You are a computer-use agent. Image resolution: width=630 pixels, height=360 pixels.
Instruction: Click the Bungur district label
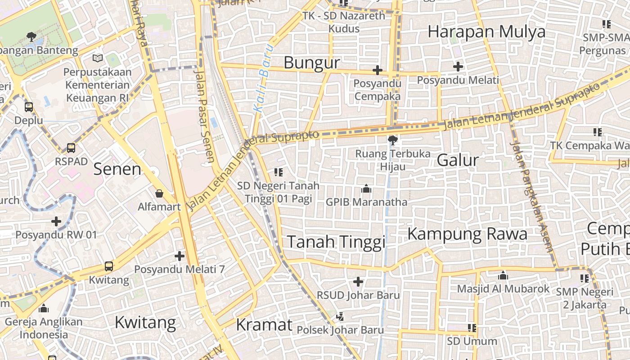click(311, 63)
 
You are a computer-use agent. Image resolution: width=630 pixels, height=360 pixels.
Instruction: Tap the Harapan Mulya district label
click(486, 32)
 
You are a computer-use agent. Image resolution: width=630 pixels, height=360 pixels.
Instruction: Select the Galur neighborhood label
click(458, 160)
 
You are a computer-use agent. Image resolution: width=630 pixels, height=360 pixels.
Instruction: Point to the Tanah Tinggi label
click(336, 242)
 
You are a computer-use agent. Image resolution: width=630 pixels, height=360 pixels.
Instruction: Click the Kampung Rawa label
click(467, 234)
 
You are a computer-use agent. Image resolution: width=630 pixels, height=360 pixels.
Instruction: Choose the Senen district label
click(117, 169)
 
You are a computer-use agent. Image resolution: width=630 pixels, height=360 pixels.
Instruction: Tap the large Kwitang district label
click(145, 323)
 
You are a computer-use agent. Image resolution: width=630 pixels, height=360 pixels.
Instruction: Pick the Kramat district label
click(264, 324)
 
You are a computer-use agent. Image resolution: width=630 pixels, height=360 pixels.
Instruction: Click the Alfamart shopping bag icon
click(159, 194)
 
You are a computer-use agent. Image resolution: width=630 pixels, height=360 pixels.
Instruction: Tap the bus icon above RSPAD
click(71, 148)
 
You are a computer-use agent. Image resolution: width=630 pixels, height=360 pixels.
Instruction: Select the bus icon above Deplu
click(29, 107)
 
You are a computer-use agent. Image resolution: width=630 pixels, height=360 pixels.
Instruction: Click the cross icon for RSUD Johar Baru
click(358, 282)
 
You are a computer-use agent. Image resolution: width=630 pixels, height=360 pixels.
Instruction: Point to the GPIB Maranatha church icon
click(366, 189)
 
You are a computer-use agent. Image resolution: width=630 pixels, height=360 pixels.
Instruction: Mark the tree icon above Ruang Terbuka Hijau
click(392, 140)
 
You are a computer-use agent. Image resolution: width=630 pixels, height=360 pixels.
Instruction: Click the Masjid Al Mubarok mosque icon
click(503, 275)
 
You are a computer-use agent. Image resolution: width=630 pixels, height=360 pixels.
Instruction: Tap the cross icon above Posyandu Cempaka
click(378, 70)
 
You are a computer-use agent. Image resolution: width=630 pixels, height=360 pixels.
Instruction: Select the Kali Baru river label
click(263, 77)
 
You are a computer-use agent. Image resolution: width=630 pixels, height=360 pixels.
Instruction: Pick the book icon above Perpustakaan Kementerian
click(98, 58)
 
